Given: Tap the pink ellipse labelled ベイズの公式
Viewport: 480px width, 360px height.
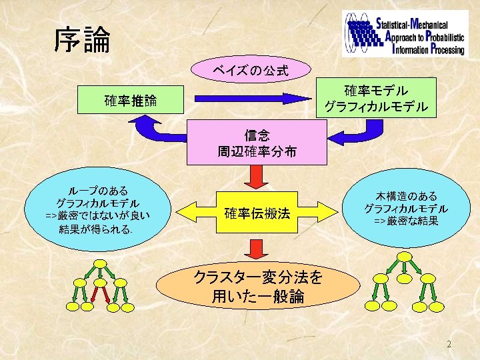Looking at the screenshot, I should click(251, 69).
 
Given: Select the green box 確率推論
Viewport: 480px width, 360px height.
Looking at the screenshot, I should click(131, 101).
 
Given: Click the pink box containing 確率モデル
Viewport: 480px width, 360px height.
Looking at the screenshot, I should click(376, 97).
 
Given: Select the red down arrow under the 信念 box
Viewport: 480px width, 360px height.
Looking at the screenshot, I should click(254, 176).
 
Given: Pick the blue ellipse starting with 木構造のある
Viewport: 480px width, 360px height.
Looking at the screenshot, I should click(405, 207).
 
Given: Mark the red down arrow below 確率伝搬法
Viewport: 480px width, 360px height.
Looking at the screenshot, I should click(254, 249).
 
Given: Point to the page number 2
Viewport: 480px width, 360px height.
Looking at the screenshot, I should click(449, 345).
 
